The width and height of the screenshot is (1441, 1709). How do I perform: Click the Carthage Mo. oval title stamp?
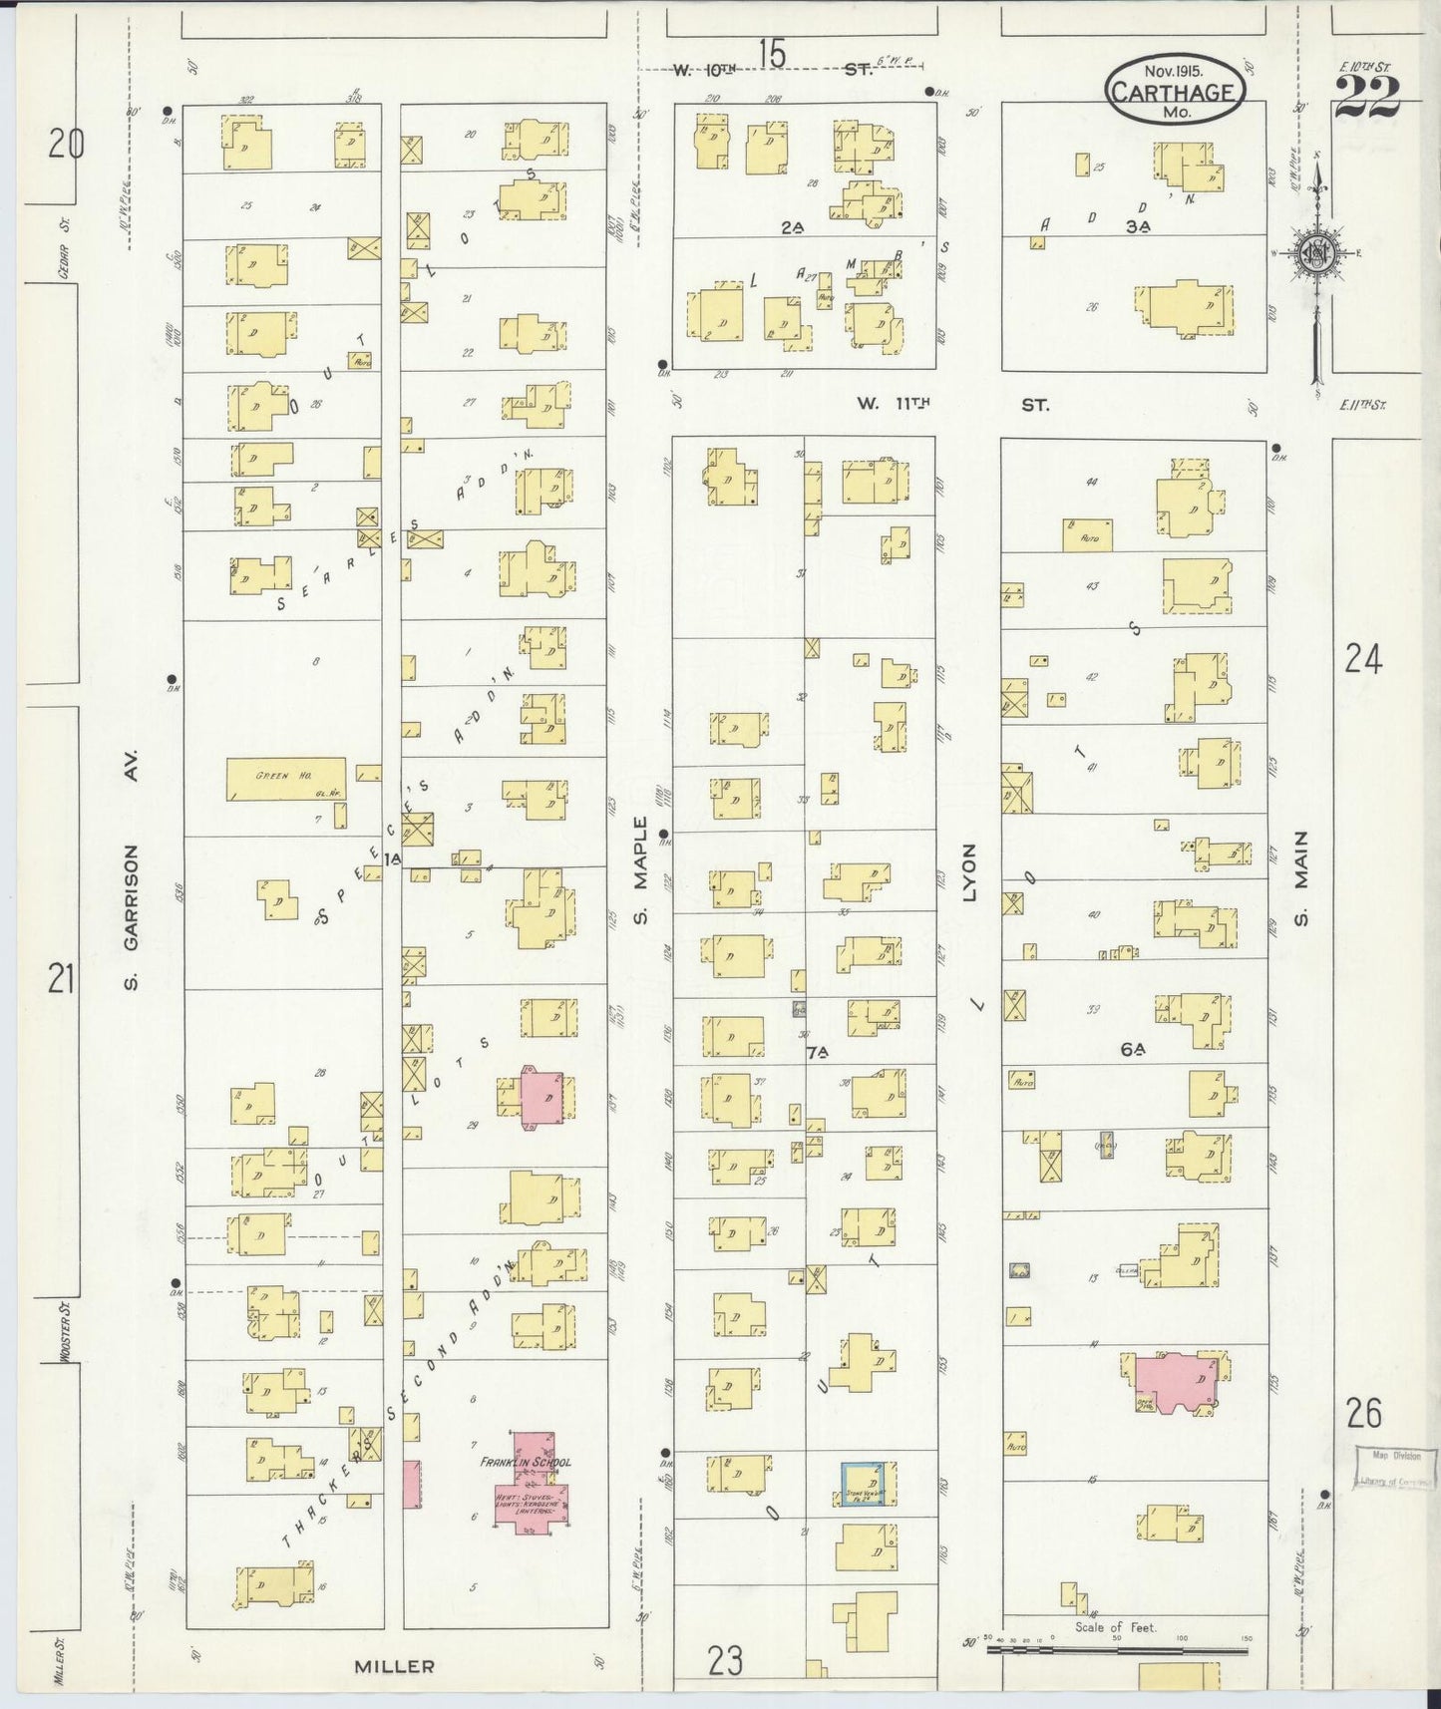1175,90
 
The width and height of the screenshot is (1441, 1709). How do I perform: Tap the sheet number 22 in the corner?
1367,98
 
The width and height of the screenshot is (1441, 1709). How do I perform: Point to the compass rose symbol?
1316,253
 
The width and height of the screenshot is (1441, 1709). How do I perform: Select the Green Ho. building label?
272,775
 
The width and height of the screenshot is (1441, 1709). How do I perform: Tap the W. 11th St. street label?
951,405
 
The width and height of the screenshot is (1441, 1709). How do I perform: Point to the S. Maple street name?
641,869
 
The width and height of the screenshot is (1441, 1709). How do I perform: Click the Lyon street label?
969,872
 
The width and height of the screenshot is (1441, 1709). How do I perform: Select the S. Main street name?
1300,878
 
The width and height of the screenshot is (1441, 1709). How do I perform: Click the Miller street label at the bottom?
396,1666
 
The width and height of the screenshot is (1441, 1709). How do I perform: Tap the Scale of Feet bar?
1116,1650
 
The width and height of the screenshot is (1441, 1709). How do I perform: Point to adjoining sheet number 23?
726,1661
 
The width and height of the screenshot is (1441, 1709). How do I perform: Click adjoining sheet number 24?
1363,659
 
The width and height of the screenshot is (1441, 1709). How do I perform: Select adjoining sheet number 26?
1363,1413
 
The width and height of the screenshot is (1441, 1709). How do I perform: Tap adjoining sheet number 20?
67,146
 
